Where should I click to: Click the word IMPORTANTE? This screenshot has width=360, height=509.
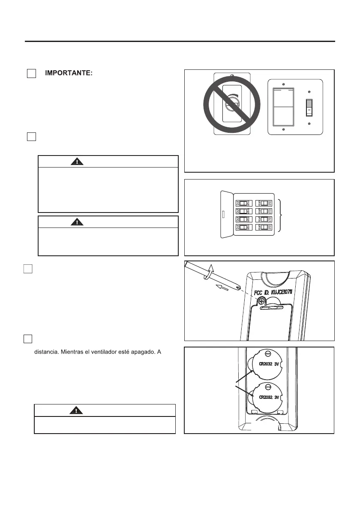pyautogui.click(x=69, y=74)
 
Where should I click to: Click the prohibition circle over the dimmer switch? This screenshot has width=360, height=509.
pyautogui.click(x=232, y=105)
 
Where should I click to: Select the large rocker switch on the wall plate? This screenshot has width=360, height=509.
pyautogui.click(x=282, y=107)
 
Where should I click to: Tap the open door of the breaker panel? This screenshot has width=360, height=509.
pyautogui.click(x=225, y=214)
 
